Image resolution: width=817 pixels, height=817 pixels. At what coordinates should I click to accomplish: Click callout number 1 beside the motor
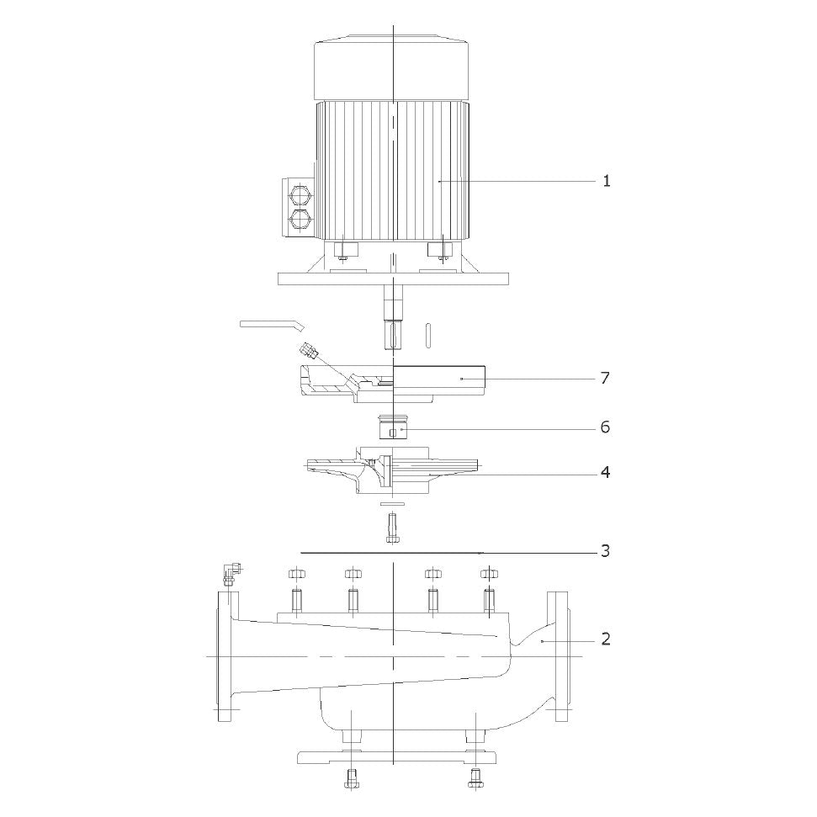[x=607, y=182]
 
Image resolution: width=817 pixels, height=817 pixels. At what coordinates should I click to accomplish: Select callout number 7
[x=605, y=378]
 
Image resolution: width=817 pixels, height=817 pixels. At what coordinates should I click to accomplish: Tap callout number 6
[x=605, y=427]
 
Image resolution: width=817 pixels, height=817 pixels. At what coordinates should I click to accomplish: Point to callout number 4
[x=605, y=473]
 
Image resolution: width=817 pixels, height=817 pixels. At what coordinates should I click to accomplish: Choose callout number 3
[x=605, y=551]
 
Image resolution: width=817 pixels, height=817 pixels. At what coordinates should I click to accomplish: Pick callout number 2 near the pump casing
[x=606, y=639]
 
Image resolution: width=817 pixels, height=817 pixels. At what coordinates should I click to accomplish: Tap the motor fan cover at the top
[x=392, y=66]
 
